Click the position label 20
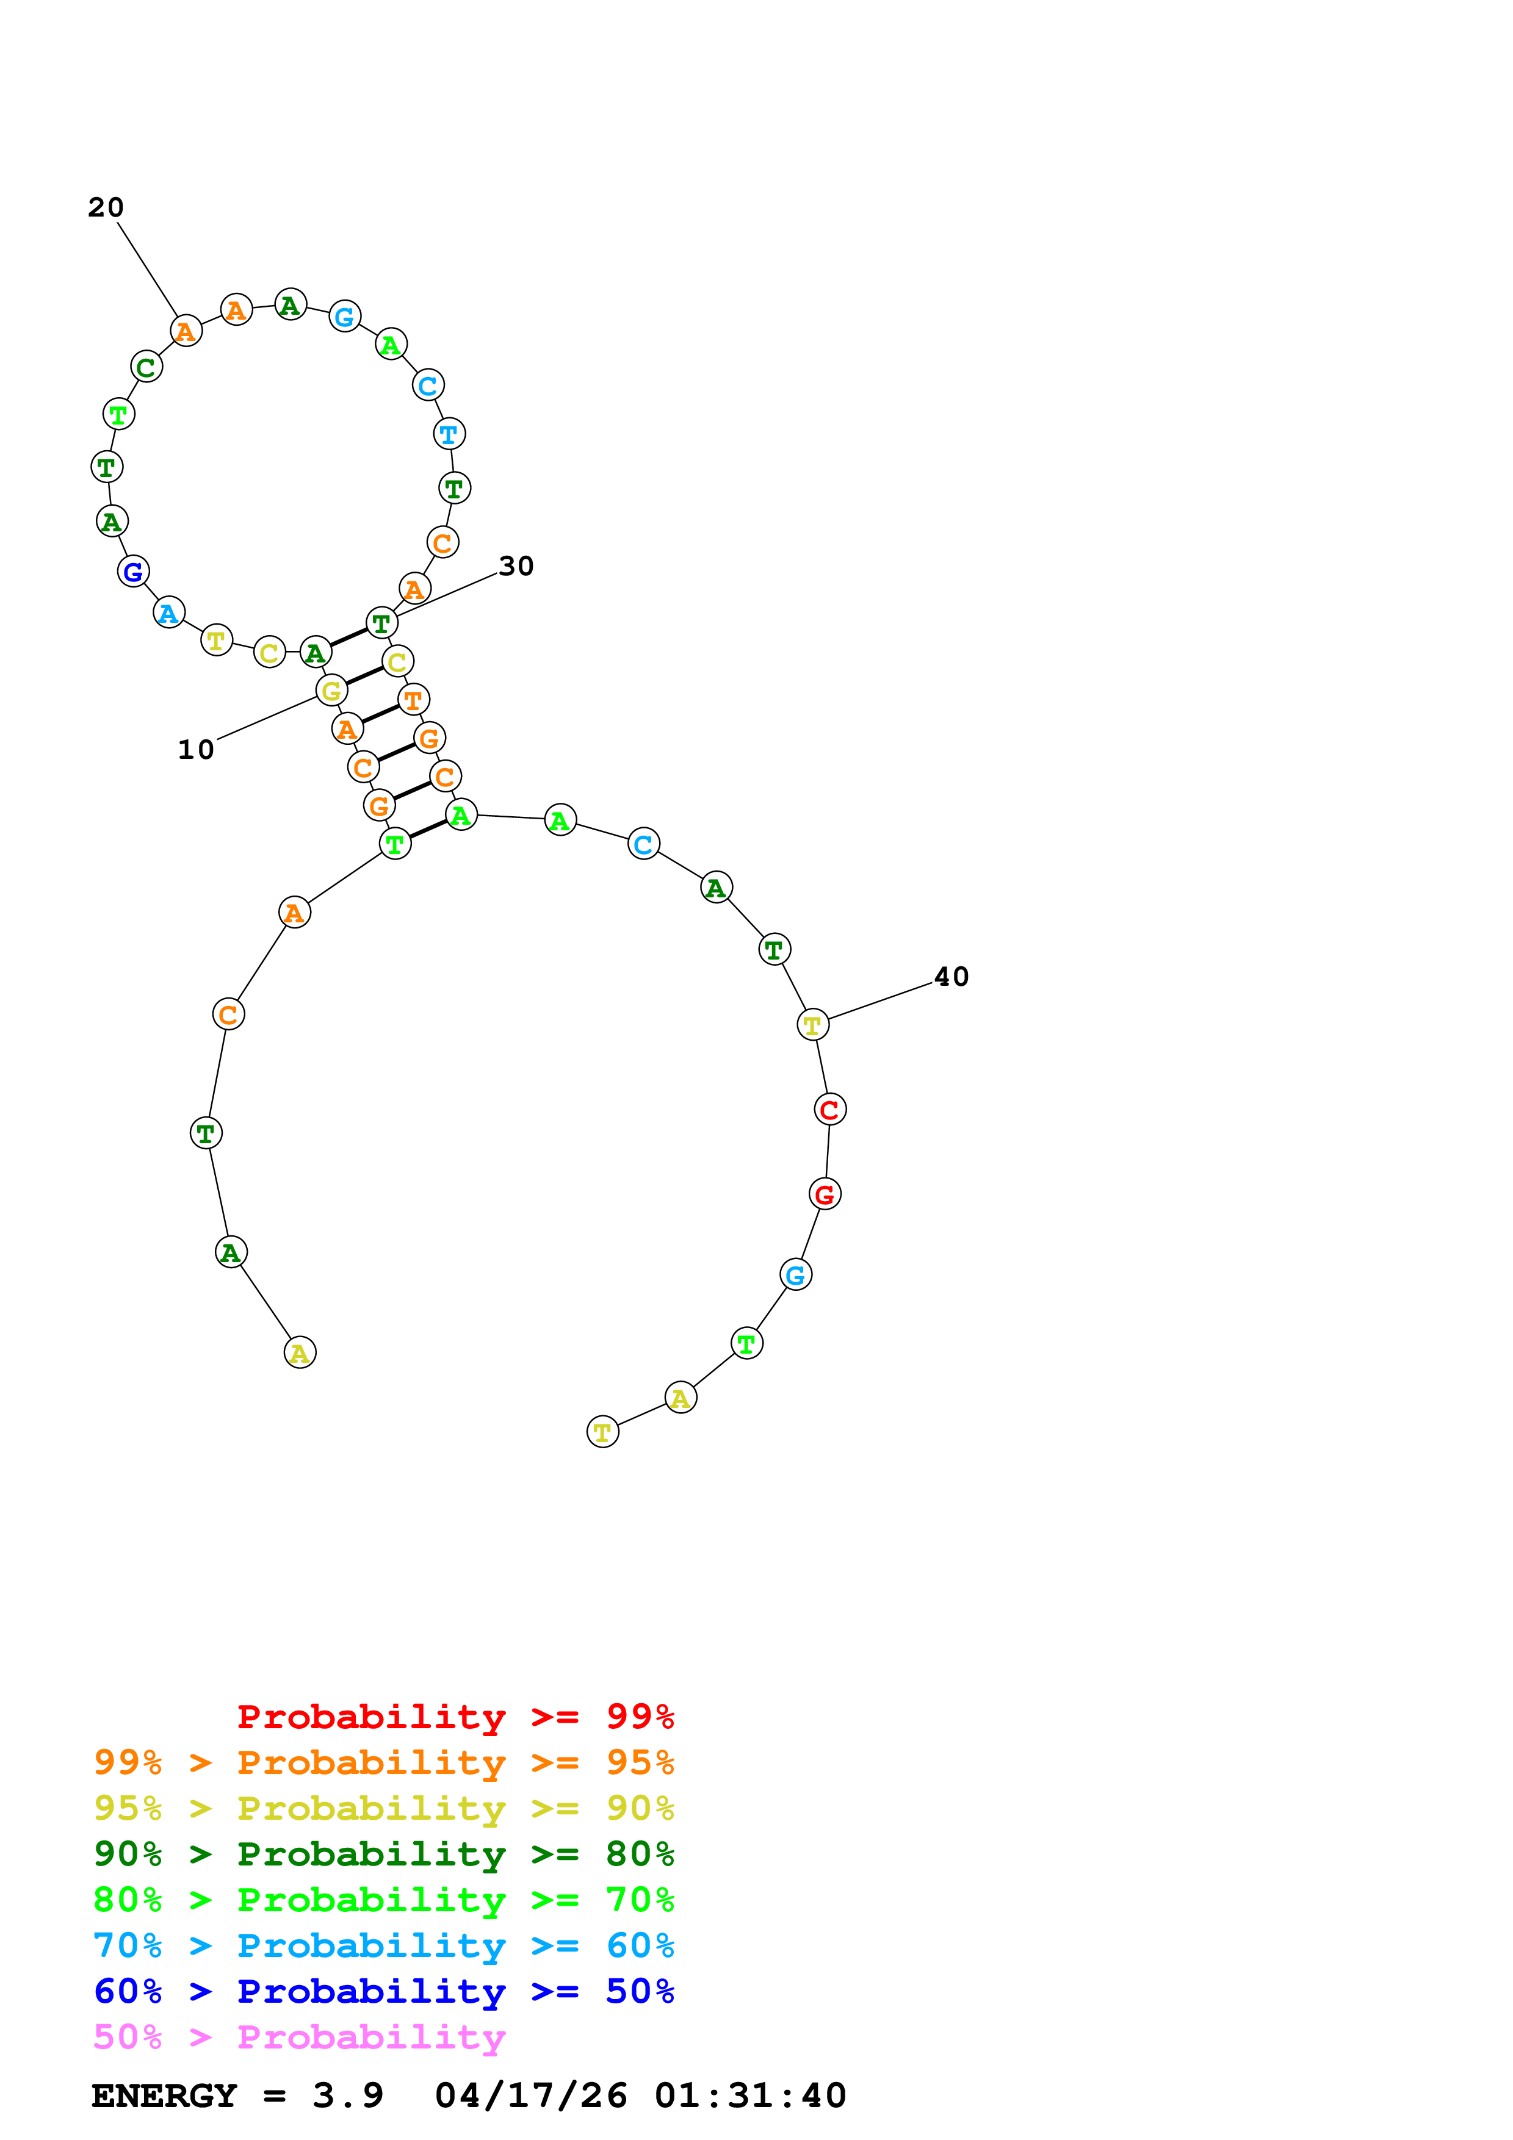(106, 207)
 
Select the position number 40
(951, 976)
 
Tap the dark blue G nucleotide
(133, 572)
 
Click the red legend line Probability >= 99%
(455, 1716)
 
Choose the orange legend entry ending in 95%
(383, 1762)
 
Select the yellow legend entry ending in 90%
(383, 1808)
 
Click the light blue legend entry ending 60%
(383, 1945)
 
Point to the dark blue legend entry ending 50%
(383, 1991)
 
